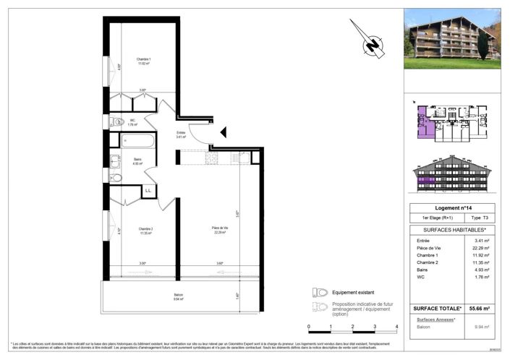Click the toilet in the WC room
click(115, 123)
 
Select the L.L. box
click(148, 191)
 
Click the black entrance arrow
click(224, 132)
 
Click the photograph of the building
click(452, 38)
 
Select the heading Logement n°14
click(451, 207)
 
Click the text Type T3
click(477, 218)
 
